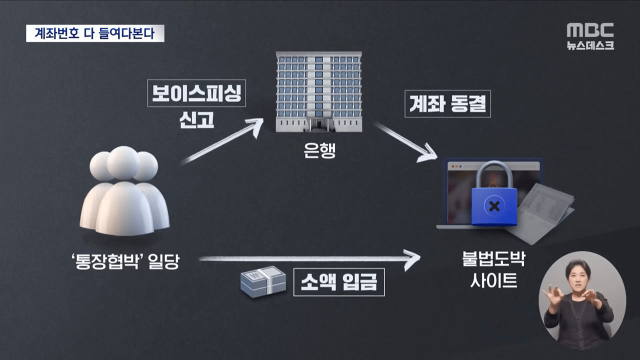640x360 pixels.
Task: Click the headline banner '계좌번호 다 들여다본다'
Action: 95,33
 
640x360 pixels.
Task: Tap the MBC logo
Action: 590,30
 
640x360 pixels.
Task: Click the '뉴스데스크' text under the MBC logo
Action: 590,45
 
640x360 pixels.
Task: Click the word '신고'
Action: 197,120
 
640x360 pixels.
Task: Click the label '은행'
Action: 318,150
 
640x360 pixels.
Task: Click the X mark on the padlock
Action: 494,205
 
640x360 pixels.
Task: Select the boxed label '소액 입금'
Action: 339,283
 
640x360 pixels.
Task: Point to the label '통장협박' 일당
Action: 125,261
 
